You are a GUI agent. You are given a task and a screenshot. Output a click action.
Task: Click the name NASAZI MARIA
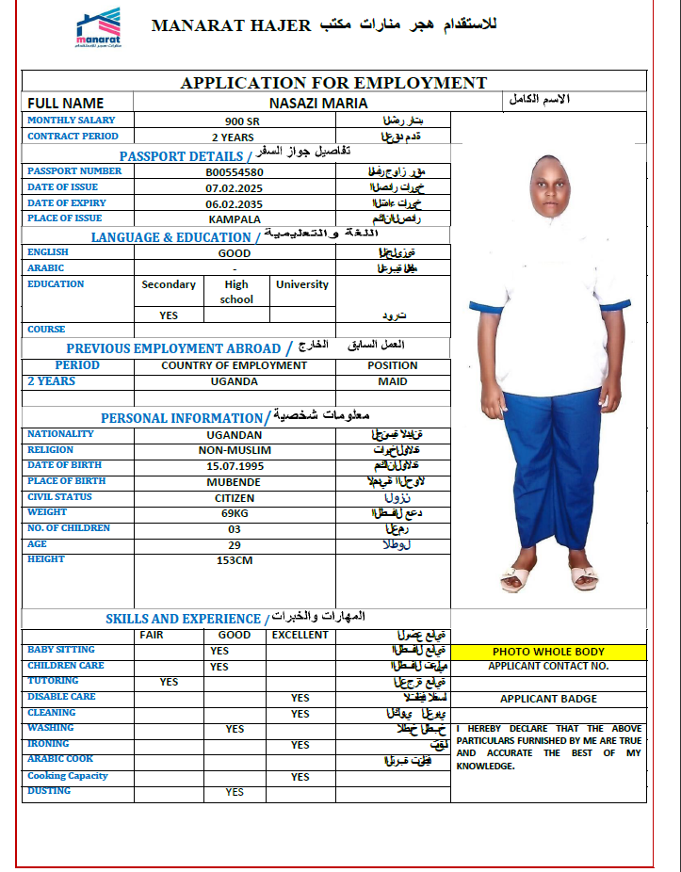click(x=318, y=103)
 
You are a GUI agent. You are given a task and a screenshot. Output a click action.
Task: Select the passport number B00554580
click(x=235, y=172)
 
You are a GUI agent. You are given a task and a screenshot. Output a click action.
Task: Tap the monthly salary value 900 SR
click(x=235, y=121)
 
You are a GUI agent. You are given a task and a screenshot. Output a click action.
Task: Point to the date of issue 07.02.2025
click(x=235, y=188)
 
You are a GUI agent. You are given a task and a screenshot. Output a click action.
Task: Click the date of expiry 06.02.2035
click(x=235, y=204)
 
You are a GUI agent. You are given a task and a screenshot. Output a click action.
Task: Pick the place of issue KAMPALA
click(x=235, y=219)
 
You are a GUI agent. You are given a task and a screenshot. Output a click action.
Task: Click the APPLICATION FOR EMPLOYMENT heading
click(x=333, y=83)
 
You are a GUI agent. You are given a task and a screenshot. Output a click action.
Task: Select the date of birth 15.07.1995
click(x=235, y=466)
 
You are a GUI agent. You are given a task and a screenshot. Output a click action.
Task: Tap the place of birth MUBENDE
click(x=235, y=482)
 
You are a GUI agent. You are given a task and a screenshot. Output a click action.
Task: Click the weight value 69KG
click(x=235, y=513)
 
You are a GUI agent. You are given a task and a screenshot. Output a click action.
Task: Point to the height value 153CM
click(x=235, y=560)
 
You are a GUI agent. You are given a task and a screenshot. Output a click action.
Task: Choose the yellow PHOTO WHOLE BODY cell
click(x=548, y=652)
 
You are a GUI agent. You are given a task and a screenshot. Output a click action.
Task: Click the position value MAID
click(x=393, y=381)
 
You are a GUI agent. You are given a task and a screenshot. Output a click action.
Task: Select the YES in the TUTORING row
click(x=169, y=682)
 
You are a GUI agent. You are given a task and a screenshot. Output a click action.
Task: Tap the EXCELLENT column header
click(x=300, y=635)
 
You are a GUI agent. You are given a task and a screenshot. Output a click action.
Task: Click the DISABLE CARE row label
click(x=61, y=697)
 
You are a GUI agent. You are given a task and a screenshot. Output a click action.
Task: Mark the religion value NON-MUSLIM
click(x=235, y=450)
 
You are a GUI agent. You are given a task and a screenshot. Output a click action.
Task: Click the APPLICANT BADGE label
click(x=548, y=699)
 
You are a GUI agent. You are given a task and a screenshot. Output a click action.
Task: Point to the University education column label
click(x=301, y=284)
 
